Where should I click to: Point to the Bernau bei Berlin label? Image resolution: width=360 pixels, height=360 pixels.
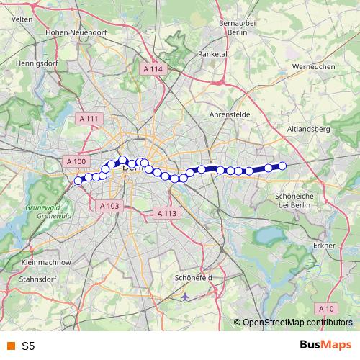pyautogui.click(x=238, y=28)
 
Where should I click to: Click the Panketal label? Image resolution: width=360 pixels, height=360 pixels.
pyautogui.click(x=212, y=54)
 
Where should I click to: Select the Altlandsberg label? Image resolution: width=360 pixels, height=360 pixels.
pyautogui.click(x=307, y=129)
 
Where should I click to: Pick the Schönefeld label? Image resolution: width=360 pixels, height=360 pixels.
pyautogui.click(x=193, y=277)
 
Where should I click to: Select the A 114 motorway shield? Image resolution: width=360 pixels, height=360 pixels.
pyautogui.click(x=154, y=68)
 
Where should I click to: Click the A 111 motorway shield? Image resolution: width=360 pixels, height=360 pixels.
pyautogui.click(x=89, y=118)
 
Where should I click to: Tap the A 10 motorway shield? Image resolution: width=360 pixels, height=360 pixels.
pyautogui.click(x=327, y=308)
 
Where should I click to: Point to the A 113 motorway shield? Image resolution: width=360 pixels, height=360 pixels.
pyautogui.click(x=166, y=213)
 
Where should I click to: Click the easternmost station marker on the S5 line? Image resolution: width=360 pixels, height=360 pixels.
pyautogui.click(x=282, y=166)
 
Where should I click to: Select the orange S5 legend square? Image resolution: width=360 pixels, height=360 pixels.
pyautogui.click(x=9, y=346)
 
